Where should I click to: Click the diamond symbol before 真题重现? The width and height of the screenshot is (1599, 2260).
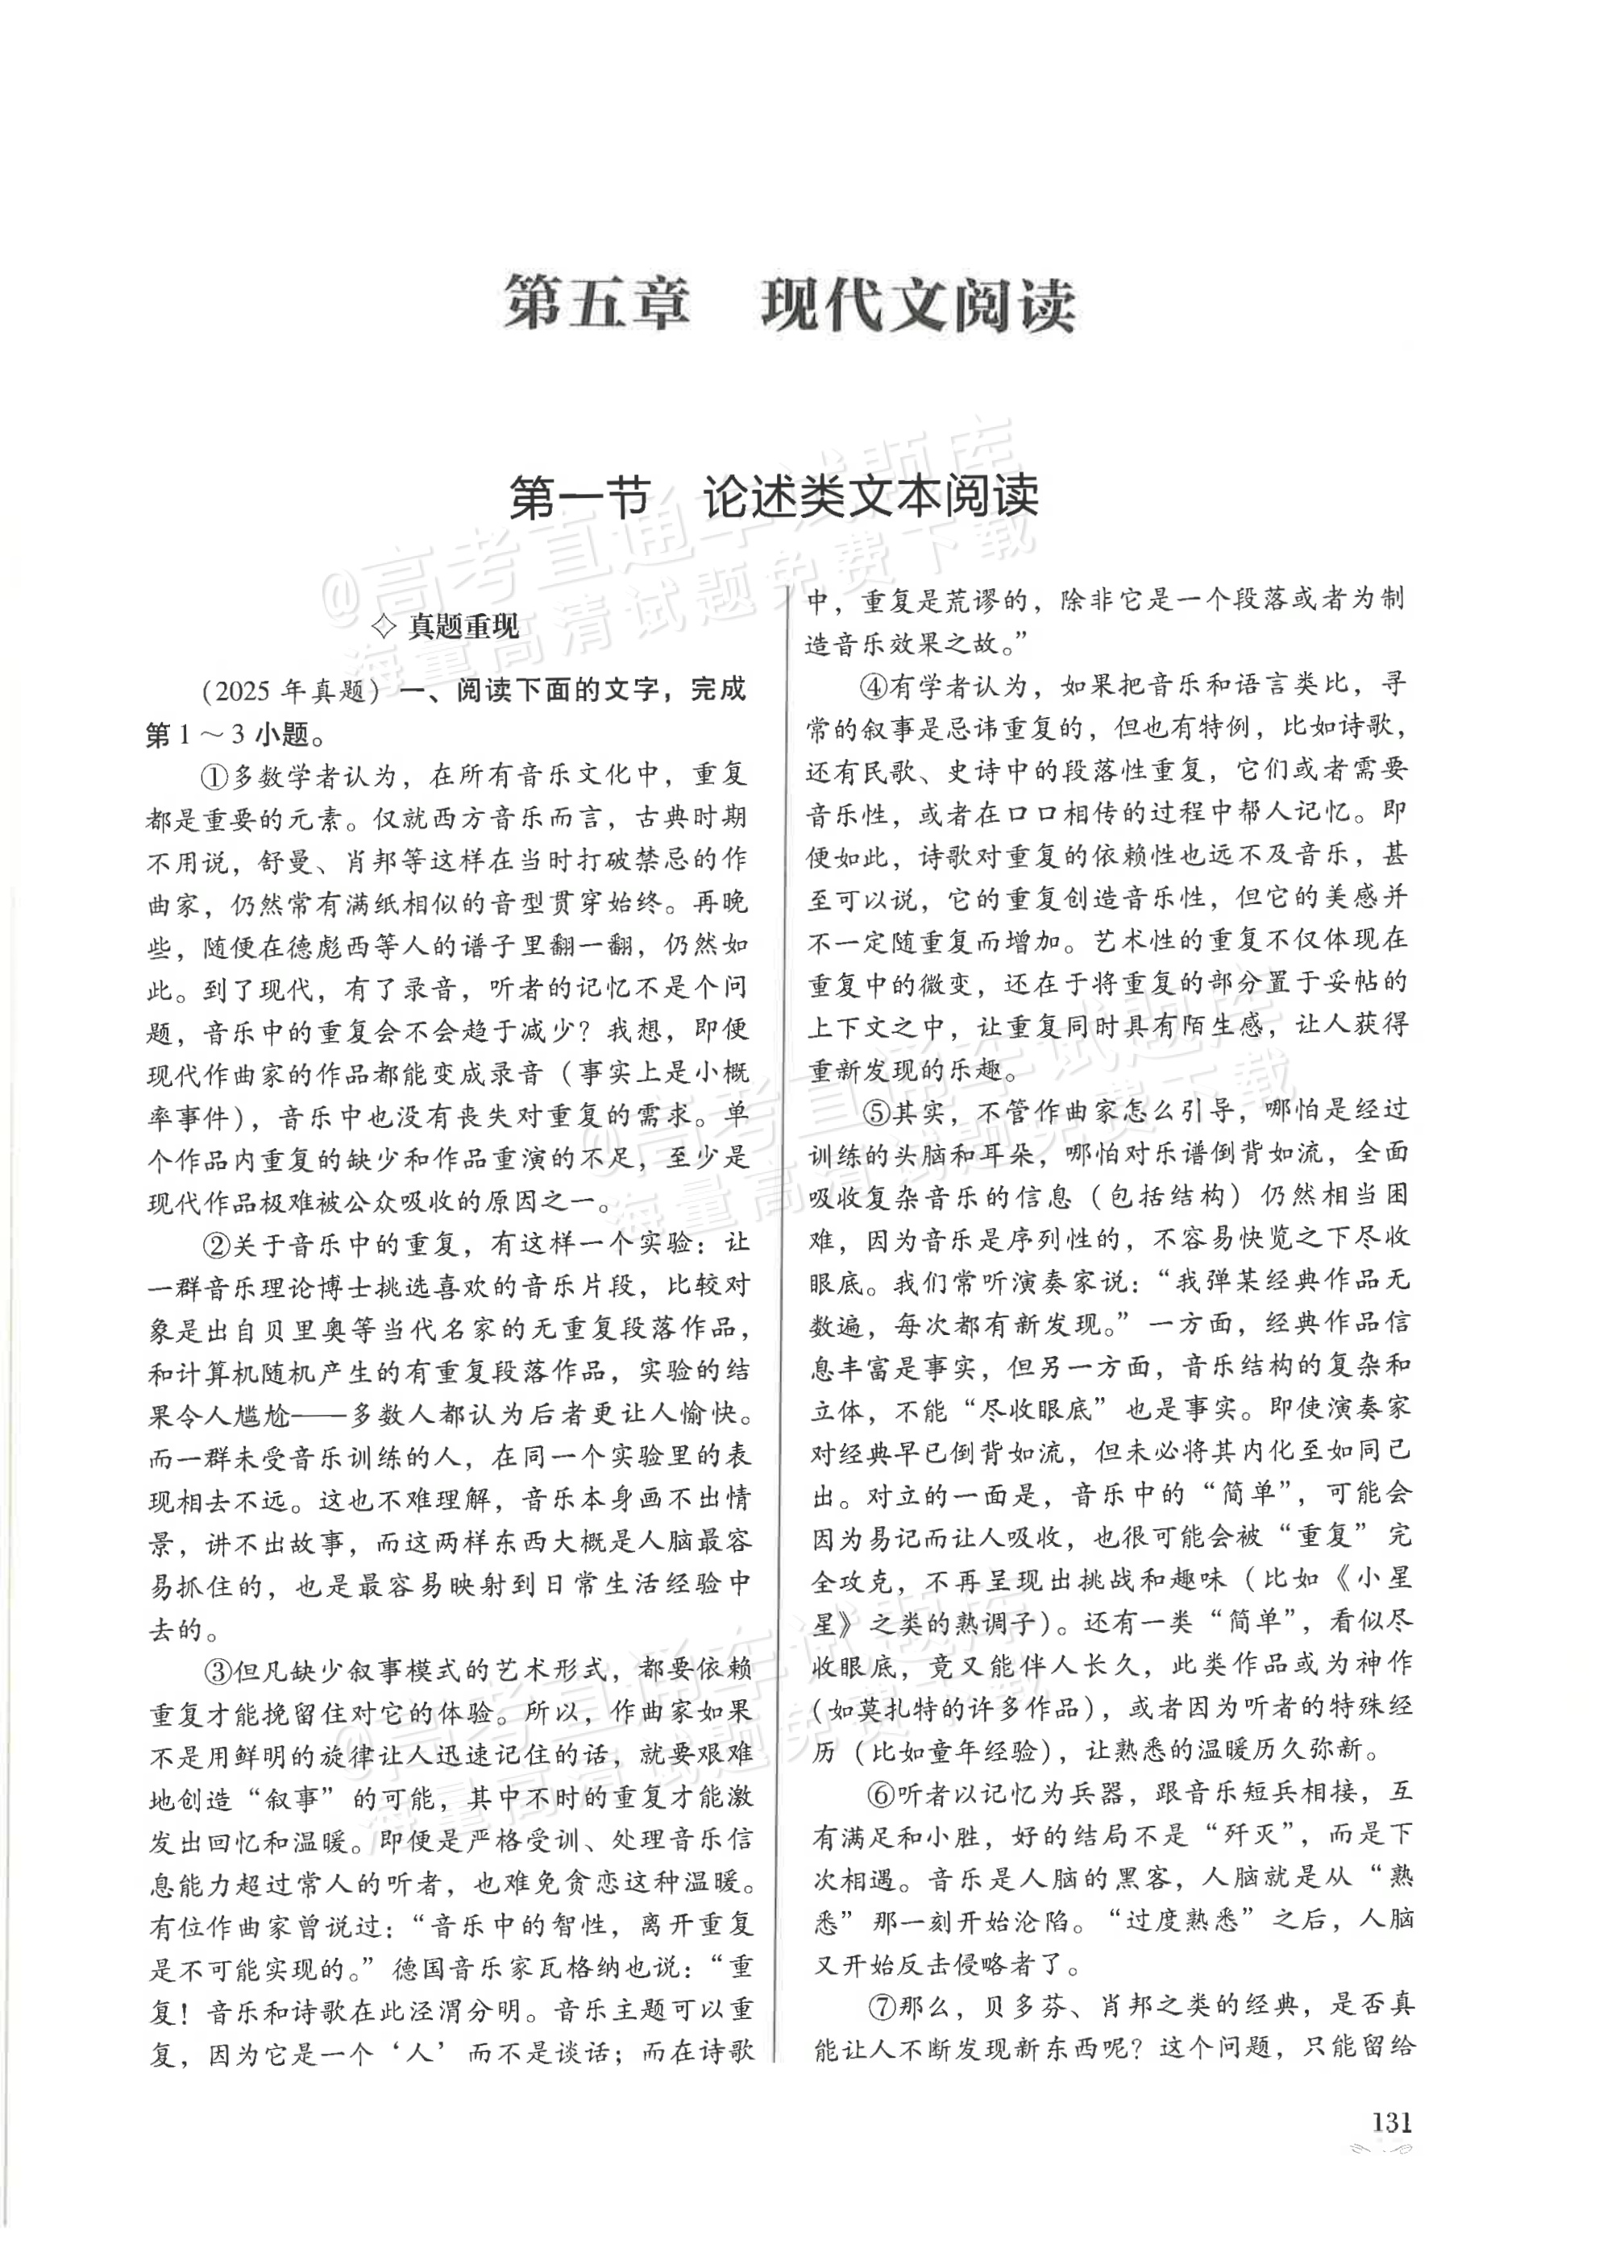[387, 627]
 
